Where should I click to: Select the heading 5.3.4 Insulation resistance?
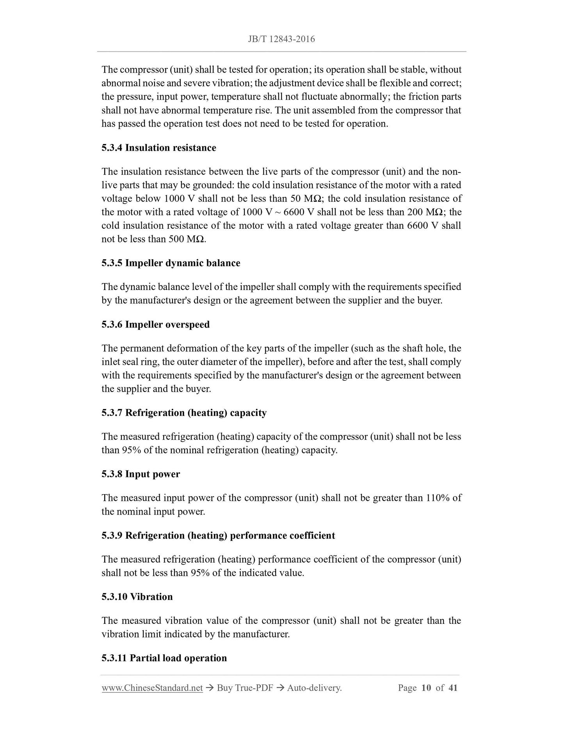coord(158,148)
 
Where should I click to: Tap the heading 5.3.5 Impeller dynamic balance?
coord(171,263)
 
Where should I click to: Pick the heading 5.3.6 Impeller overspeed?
coord(155,324)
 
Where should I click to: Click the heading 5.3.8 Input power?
coord(141,474)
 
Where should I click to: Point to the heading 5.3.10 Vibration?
coord(137,596)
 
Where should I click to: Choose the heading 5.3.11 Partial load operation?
coord(164,658)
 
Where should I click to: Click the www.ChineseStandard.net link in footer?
coord(152,688)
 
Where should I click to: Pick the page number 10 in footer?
coord(426,688)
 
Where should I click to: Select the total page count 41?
coord(453,688)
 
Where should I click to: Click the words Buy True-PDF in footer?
coord(245,688)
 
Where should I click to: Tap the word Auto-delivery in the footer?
coord(314,688)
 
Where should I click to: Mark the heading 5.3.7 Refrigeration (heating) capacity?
coord(184,413)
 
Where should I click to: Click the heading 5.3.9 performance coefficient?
coord(218,535)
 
